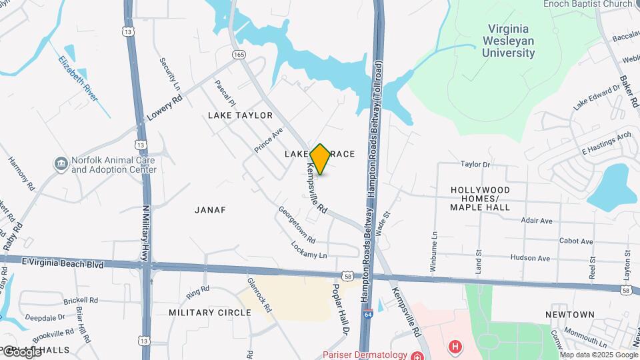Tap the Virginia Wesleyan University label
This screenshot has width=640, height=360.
coord(509,41)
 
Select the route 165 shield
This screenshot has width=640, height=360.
coord(239,54)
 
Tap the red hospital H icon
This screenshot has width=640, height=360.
coord(455,347)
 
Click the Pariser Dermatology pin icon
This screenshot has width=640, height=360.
coord(417,355)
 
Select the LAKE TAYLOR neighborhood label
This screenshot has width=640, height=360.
coord(240,115)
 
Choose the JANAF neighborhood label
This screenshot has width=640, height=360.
coord(210,210)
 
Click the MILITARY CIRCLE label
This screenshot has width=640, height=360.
coord(209,312)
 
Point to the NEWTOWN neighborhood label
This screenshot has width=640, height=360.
coord(569,314)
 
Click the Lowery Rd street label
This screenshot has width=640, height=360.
coord(165,107)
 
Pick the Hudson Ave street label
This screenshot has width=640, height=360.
coord(530,258)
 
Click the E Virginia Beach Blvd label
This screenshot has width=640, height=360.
coord(63,264)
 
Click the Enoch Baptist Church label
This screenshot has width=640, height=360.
coord(587,4)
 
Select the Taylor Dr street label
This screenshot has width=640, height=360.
coord(475,164)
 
